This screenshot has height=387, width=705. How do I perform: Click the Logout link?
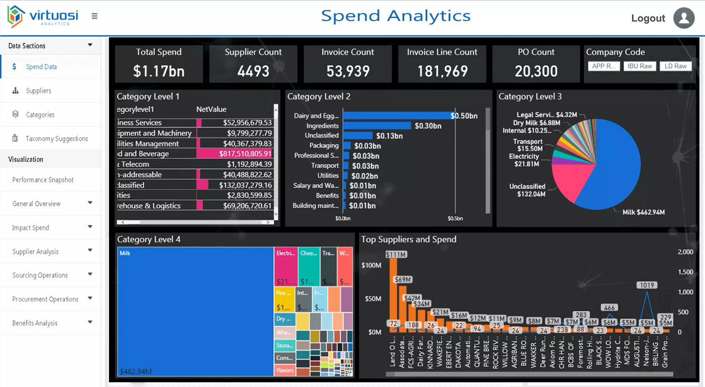pos(648,18)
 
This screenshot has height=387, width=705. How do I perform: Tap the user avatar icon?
pos(684,18)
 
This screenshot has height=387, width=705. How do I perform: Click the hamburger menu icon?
pos(94,16)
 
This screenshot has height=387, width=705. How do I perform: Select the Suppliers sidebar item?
pos(38,91)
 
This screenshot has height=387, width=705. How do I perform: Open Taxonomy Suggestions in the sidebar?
pos(56,139)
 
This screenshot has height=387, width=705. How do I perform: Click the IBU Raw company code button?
pos(640,66)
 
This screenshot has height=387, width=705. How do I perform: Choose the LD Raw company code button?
pos(675,66)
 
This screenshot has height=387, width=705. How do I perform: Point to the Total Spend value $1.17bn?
pos(159,71)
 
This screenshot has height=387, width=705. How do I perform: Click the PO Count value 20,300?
pos(536,71)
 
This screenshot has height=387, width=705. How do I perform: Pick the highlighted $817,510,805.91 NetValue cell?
pos(245,154)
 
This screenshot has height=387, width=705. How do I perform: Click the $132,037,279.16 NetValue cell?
pos(245,185)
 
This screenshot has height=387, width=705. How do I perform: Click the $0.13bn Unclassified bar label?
pos(389,136)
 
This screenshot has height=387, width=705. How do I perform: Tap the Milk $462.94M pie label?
pos(643,212)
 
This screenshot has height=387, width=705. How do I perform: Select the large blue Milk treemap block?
pos(195,312)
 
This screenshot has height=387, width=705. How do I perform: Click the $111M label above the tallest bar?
pos(396,255)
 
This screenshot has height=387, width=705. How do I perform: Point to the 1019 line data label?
pos(647,285)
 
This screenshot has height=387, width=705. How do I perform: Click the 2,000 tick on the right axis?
pos(685,252)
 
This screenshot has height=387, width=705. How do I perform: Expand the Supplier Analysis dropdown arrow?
pos(90,250)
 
